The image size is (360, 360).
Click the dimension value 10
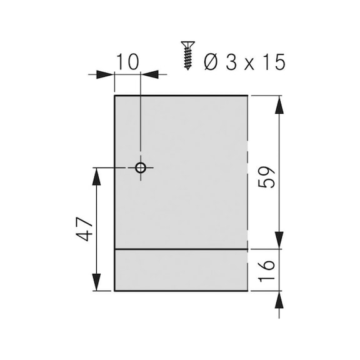(x=127, y=62)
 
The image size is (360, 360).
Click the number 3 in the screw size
(x=232, y=62)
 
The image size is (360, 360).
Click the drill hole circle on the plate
(x=141, y=167)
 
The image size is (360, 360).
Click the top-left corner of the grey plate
(x=115, y=96)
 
